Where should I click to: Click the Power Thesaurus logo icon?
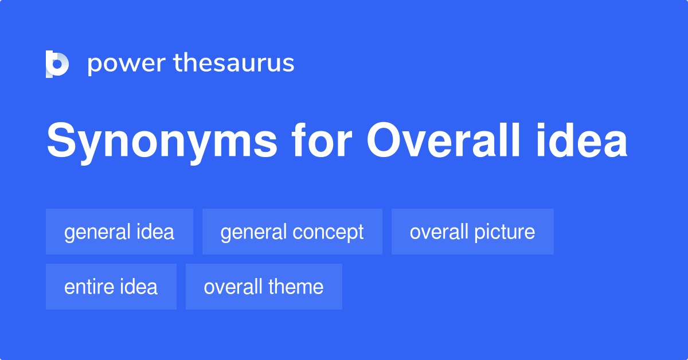tap(57, 64)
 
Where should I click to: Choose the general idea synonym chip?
tap(119, 232)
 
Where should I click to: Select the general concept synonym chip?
tap(292, 232)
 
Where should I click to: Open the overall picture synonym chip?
tap(472, 232)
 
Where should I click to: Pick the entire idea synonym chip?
tap(111, 287)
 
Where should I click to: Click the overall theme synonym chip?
tap(264, 287)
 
